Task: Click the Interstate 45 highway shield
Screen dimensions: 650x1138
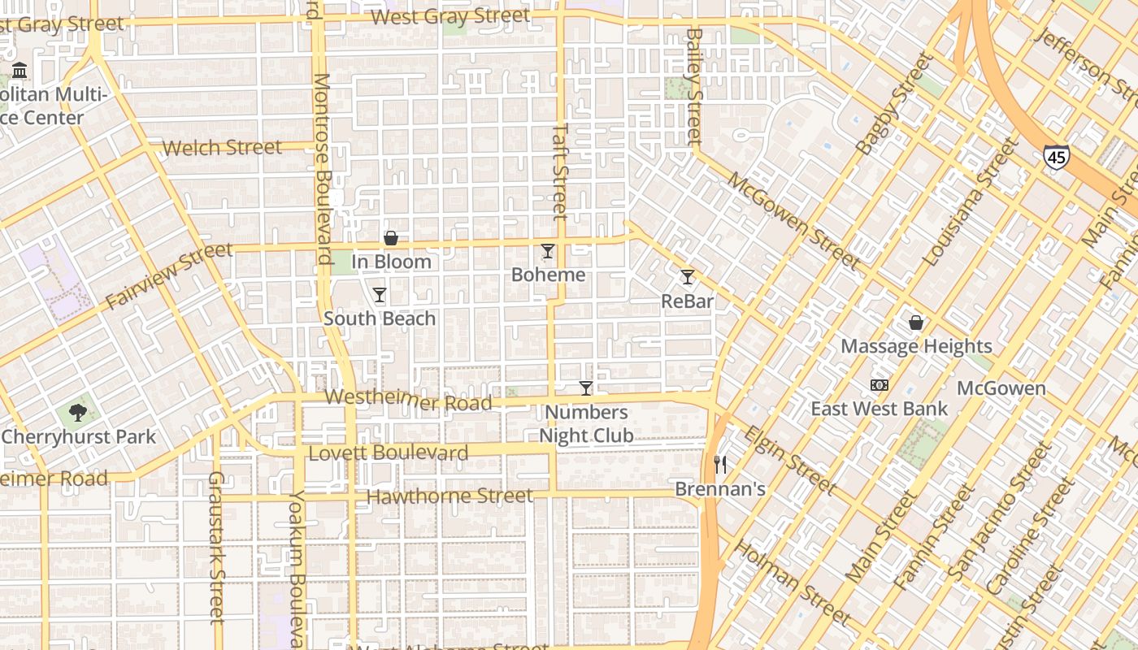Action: [1057, 157]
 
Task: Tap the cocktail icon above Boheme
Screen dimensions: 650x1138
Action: [548, 251]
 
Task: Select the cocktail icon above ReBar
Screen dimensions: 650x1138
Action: [688, 277]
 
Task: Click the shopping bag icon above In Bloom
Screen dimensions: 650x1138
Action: [391, 238]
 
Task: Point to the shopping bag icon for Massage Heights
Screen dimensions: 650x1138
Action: [916, 323]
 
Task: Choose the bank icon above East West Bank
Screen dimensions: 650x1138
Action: [880, 385]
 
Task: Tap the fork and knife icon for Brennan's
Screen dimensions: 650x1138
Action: [720, 465]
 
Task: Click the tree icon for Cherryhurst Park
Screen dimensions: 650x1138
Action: [78, 413]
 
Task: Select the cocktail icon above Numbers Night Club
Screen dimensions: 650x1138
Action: [586, 388]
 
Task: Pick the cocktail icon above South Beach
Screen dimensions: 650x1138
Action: [380, 294]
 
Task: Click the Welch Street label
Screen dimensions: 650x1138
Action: [222, 148]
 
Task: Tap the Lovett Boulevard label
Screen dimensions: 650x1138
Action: [389, 453]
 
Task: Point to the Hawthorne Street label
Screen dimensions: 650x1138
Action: [450, 496]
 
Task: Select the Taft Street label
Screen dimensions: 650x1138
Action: [560, 171]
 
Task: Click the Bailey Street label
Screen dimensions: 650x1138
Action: [694, 87]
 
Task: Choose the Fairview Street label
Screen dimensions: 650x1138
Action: [168, 276]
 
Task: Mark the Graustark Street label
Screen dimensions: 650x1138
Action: [216, 547]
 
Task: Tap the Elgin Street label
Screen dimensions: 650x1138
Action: [789, 460]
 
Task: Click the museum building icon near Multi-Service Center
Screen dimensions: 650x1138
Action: [20, 71]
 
